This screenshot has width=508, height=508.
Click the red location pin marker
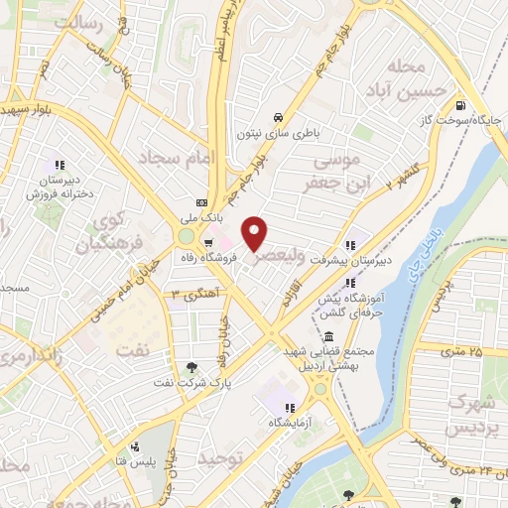[x=256, y=233]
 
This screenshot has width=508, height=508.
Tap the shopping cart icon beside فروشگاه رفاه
[x=208, y=242]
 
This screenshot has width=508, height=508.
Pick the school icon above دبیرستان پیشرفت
[x=349, y=244]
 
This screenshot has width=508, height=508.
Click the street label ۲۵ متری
[x=460, y=350]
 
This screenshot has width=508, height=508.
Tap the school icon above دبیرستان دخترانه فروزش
[x=61, y=165]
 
